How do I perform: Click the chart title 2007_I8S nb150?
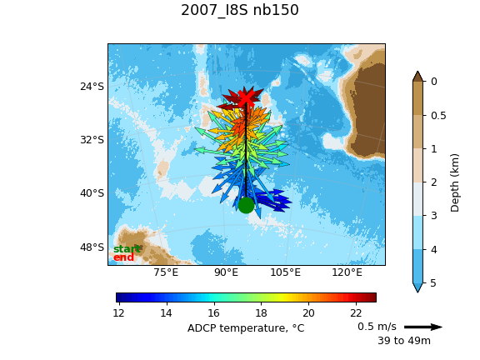pyautogui.click(x=240, y=10)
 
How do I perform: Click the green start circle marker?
pyautogui.click(x=246, y=205)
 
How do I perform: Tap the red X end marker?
pyautogui.click(x=246, y=98)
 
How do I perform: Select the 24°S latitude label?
pyautogui.click(x=92, y=87)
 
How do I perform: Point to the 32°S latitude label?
pyautogui.click(x=92, y=140)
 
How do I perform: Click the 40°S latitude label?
pyautogui.click(x=92, y=193)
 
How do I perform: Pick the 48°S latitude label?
pyautogui.click(x=92, y=247)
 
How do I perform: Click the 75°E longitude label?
pyautogui.click(x=166, y=272)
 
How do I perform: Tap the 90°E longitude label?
pyautogui.click(x=226, y=272)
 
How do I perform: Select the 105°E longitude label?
pyautogui.click(x=285, y=272)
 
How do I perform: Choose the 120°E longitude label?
pyautogui.click(x=347, y=272)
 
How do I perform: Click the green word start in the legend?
pyautogui.click(x=127, y=249)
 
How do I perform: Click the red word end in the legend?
pyautogui.click(x=123, y=257)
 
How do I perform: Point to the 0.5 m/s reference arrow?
pyautogui.click(x=423, y=327)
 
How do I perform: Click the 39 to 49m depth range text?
pyautogui.click(x=404, y=340)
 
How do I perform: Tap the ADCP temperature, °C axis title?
pyautogui.click(x=246, y=328)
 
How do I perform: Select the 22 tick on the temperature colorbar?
pyautogui.click(x=356, y=313)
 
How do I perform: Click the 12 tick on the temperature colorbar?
pyautogui.click(x=119, y=313)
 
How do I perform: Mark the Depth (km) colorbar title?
pyautogui.click(x=455, y=182)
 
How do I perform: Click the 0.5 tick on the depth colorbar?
pyautogui.click(x=438, y=116)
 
